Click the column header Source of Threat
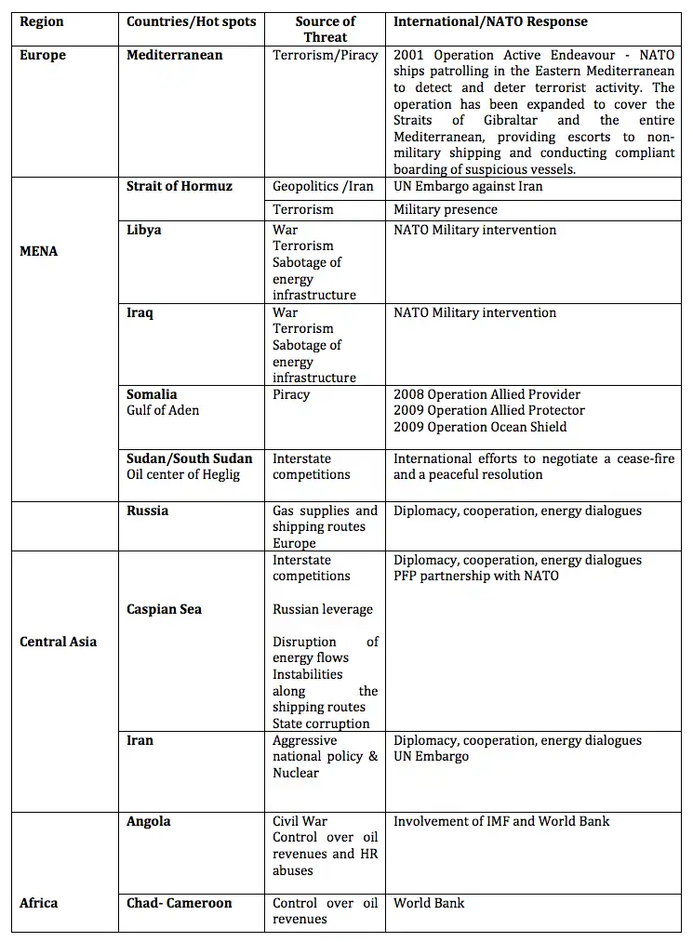coord(325,29)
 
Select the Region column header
coord(42,21)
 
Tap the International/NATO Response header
coord(490,21)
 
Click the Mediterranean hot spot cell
coord(175,55)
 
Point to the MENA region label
coord(38,251)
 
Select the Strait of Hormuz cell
coord(180,186)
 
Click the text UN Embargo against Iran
coord(468,186)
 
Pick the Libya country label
coord(144,230)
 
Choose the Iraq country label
coord(140,312)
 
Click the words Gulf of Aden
coord(163,410)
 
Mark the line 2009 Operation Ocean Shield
coord(480,427)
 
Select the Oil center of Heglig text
coord(183,474)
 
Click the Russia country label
coord(148,511)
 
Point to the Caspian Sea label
coord(165,609)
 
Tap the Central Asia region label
coord(58,642)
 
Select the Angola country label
coord(149,821)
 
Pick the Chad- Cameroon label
coord(180,903)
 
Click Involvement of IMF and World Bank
coord(501,821)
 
